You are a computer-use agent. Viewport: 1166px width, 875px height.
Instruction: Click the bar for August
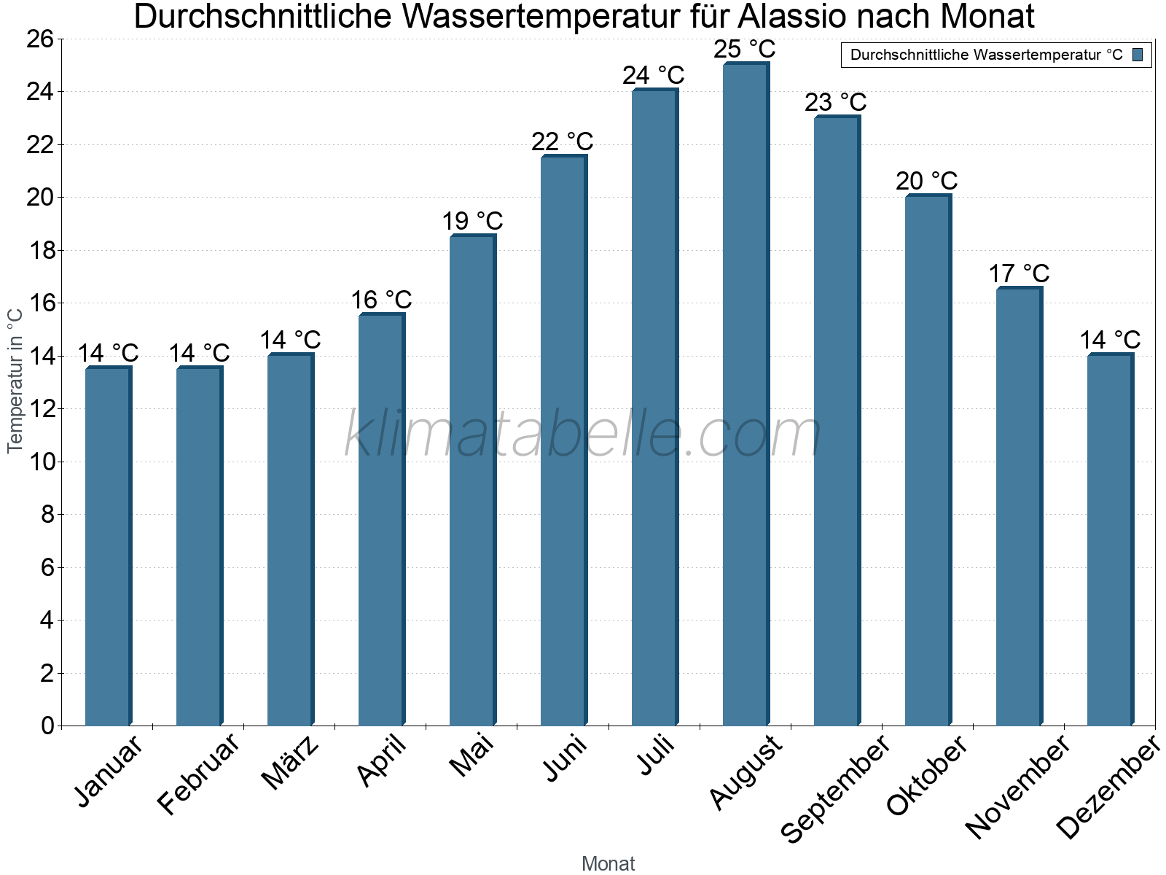745,394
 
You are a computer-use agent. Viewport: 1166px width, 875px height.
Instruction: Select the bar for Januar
107,547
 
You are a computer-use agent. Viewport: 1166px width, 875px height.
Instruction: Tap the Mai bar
472,481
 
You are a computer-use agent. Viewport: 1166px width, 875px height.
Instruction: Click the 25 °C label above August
744,50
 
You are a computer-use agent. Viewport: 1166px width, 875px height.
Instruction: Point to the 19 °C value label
472,221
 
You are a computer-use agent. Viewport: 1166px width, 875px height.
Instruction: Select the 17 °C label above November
1019,273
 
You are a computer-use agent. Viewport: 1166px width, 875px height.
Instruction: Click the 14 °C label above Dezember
1110,340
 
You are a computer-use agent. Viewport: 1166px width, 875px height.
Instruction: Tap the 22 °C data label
562,141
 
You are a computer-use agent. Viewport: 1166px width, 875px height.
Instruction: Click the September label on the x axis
835,787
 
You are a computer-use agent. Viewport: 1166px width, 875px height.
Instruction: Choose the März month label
290,762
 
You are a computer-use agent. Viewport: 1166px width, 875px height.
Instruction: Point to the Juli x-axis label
656,755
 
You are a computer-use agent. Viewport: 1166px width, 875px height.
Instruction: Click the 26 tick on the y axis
40,39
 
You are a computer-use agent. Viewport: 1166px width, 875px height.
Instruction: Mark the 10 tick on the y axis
40,462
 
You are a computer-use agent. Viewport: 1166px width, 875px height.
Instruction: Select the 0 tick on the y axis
48,726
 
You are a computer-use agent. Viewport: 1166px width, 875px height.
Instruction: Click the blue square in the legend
1138,55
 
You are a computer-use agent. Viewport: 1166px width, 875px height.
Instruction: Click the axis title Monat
608,863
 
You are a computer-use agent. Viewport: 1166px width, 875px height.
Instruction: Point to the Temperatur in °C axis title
15,379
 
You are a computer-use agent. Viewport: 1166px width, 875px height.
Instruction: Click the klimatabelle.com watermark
583,435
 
